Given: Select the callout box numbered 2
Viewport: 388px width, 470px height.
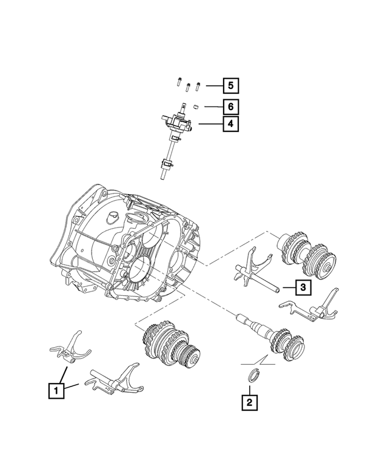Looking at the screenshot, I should [249, 402].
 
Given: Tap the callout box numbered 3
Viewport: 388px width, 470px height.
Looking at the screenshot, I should [304, 287].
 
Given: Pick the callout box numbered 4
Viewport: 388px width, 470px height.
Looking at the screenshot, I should [229, 125].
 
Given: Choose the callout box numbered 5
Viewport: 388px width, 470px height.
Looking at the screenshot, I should [229, 85].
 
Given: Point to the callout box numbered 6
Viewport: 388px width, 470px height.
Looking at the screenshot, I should [229, 107].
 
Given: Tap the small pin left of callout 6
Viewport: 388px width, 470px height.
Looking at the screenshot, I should [196, 107].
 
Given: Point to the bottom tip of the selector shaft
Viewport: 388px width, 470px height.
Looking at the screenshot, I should [163, 177].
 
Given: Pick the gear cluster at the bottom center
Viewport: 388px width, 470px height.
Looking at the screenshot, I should [170, 345].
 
